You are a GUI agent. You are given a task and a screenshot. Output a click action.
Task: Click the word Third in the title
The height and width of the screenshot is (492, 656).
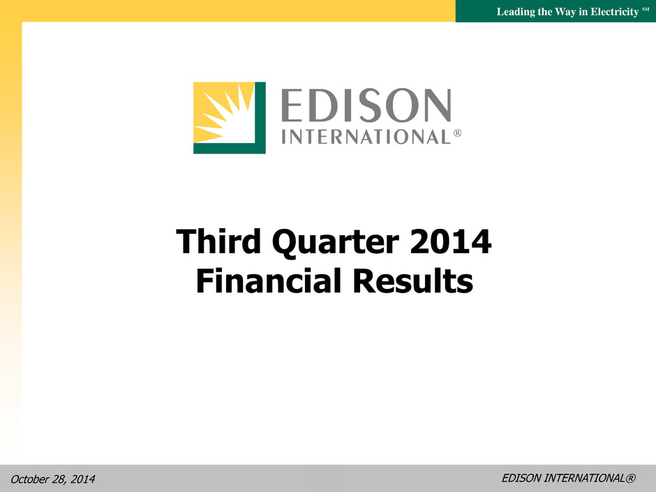tap(218, 241)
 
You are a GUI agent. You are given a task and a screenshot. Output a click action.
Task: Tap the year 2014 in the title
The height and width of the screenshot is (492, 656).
tap(451, 241)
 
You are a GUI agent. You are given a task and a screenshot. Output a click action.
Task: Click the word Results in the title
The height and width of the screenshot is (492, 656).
tap(413, 281)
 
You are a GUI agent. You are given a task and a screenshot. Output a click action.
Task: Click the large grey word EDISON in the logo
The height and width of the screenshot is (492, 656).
tap(366, 105)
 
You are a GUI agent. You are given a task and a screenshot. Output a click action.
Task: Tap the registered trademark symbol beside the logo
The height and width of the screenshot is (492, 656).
tap(457, 133)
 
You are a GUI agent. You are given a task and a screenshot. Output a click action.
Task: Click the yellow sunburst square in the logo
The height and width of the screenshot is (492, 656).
tap(224, 112)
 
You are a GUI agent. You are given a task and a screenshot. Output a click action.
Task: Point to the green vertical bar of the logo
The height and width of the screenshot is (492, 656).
tap(260, 117)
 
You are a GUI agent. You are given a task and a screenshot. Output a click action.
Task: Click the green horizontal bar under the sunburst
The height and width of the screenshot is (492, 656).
tap(230, 148)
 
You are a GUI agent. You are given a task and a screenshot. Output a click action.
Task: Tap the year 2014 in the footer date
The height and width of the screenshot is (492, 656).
tap(83, 479)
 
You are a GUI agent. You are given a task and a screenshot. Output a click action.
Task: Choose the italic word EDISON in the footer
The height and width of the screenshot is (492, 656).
tap(521, 478)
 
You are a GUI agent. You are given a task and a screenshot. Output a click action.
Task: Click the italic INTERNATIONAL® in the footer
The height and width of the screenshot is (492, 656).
tap(590, 478)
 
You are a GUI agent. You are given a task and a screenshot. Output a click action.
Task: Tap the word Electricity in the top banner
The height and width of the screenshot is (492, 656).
tap(615, 12)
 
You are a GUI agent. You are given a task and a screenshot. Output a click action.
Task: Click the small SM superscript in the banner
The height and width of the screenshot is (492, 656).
tap(646, 9)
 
